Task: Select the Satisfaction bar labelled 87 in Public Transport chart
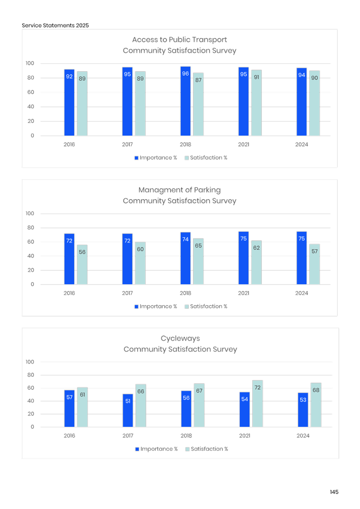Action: [198, 104]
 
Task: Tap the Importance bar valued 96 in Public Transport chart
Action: [185, 101]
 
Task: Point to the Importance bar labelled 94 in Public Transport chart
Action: [302, 101]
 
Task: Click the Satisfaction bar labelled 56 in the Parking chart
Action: [82, 264]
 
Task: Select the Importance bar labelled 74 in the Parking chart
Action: [185, 258]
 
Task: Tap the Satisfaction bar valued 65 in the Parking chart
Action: [198, 261]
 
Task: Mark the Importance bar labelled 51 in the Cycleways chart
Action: [128, 410]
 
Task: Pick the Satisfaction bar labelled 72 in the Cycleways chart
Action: [258, 403]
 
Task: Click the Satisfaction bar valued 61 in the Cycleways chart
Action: [82, 407]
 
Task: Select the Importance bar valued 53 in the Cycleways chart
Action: [303, 409]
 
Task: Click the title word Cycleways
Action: [180, 338]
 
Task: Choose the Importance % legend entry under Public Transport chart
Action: [155, 157]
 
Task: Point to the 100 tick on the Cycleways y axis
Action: [30, 362]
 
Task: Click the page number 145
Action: [334, 492]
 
